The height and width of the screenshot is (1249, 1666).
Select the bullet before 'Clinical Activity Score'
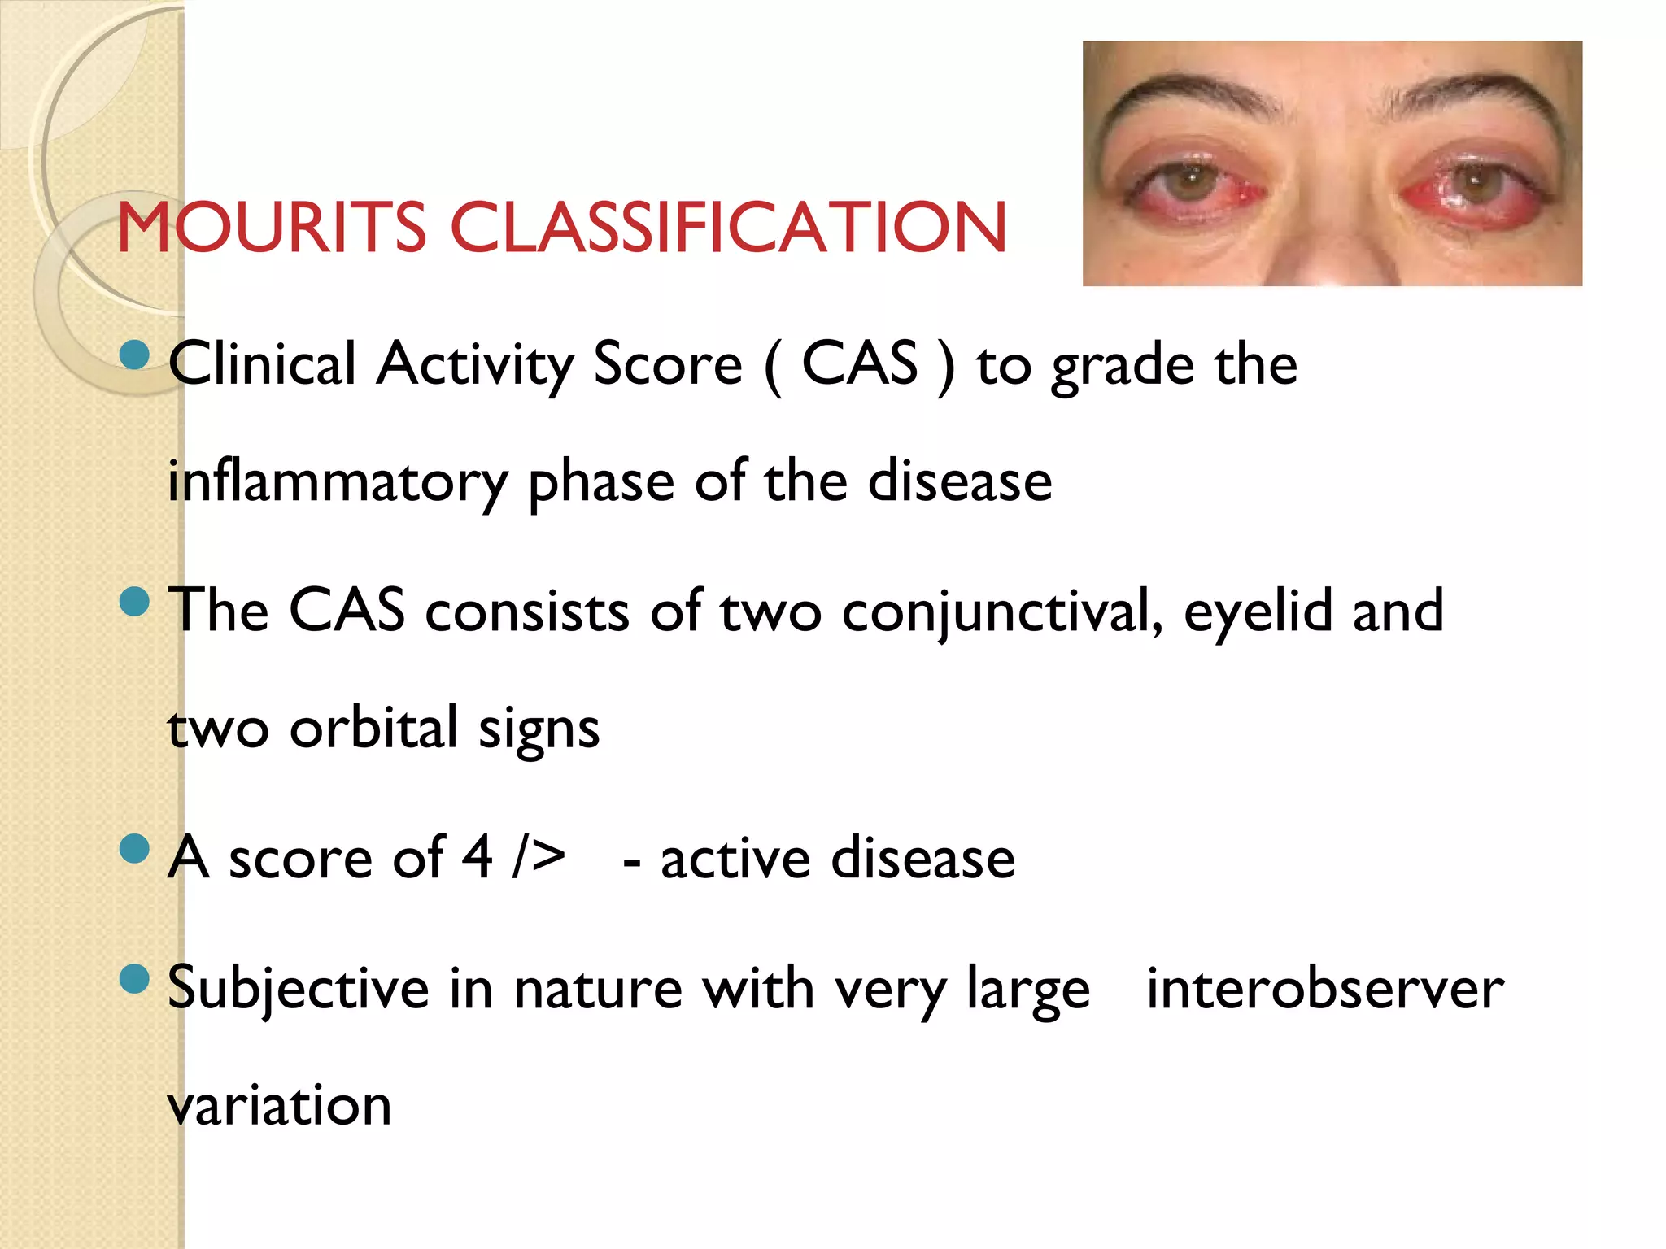[134, 355]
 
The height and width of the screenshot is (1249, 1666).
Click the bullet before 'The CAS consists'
[134, 602]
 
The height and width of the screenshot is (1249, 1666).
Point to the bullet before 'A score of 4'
[134, 849]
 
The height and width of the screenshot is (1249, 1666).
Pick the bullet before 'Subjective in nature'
[134, 979]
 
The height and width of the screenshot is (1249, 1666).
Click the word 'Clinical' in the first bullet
[262, 363]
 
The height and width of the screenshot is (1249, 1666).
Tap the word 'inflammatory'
[338, 483]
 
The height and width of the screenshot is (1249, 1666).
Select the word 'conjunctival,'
[1002, 611]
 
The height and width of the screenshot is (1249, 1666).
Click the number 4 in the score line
[477, 858]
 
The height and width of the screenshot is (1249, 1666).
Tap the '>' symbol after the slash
[549, 858]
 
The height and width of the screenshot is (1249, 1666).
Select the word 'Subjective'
[298, 990]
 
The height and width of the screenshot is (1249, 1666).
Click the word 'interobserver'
[1325, 989]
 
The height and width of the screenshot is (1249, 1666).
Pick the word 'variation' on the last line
[280, 1106]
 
